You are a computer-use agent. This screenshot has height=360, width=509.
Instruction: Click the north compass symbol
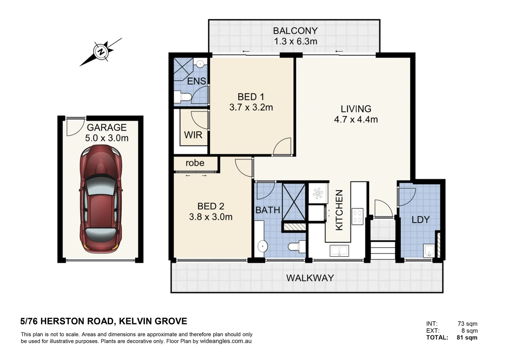coord(101,52)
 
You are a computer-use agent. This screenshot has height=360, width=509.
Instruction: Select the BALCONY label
coord(295,31)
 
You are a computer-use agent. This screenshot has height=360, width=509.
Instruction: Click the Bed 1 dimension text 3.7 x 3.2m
coord(251,107)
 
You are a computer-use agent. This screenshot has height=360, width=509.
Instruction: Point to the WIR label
coord(193,135)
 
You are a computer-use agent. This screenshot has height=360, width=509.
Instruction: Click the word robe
coord(195,163)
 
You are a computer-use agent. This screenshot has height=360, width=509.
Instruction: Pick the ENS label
coord(196,81)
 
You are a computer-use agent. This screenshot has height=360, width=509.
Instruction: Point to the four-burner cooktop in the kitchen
coord(358,215)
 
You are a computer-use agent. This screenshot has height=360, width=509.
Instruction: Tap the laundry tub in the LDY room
coord(428,251)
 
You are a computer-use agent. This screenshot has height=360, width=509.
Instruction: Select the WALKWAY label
coord(310,278)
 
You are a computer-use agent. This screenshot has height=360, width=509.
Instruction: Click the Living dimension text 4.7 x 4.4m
coord(356,119)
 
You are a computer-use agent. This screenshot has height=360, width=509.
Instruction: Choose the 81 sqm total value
coord(467,337)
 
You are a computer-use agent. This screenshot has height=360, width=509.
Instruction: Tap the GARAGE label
coord(107,127)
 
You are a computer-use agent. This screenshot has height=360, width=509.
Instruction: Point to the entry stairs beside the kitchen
coord(383,250)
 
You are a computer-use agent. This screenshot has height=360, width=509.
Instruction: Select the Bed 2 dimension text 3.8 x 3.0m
coord(211,217)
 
